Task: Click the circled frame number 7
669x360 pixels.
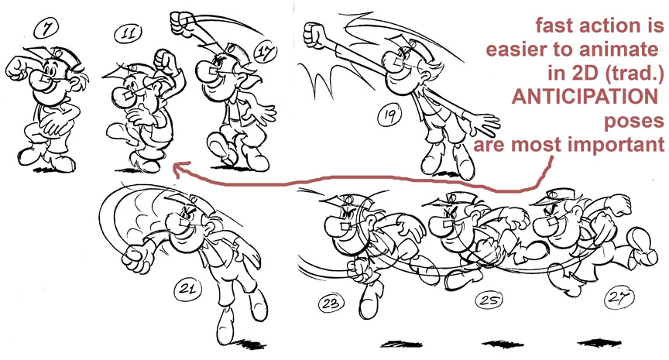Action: click(46, 29)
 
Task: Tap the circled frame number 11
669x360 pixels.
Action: click(128, 33)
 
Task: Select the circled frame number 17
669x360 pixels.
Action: click(266, 53)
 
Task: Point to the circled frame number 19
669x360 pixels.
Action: click(389, 115)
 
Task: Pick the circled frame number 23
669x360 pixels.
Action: click(331, 303)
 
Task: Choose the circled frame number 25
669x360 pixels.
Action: click(489, 300)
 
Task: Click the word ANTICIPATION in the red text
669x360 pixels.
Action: click(585, 97)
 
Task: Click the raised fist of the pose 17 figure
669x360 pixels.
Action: click(182, 22)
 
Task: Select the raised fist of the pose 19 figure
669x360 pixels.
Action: click(314, 35)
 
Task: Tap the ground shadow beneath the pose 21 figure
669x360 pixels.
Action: click(249, 344)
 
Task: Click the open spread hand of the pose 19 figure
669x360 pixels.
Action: click(483, 124)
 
